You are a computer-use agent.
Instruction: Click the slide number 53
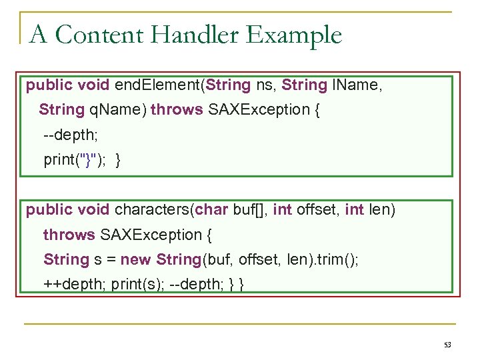click(x=447, y=345)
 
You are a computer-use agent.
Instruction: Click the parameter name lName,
click(x=357, y=85)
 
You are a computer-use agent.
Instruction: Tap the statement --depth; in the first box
click(x=71, y=135)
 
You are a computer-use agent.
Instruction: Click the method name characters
click(x=151, y=210)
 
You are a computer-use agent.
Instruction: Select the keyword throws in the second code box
click(x=69, y=235)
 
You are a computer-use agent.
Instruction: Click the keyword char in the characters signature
click(x=212, y=210)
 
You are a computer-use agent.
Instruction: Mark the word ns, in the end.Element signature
click(x=263, y=85)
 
